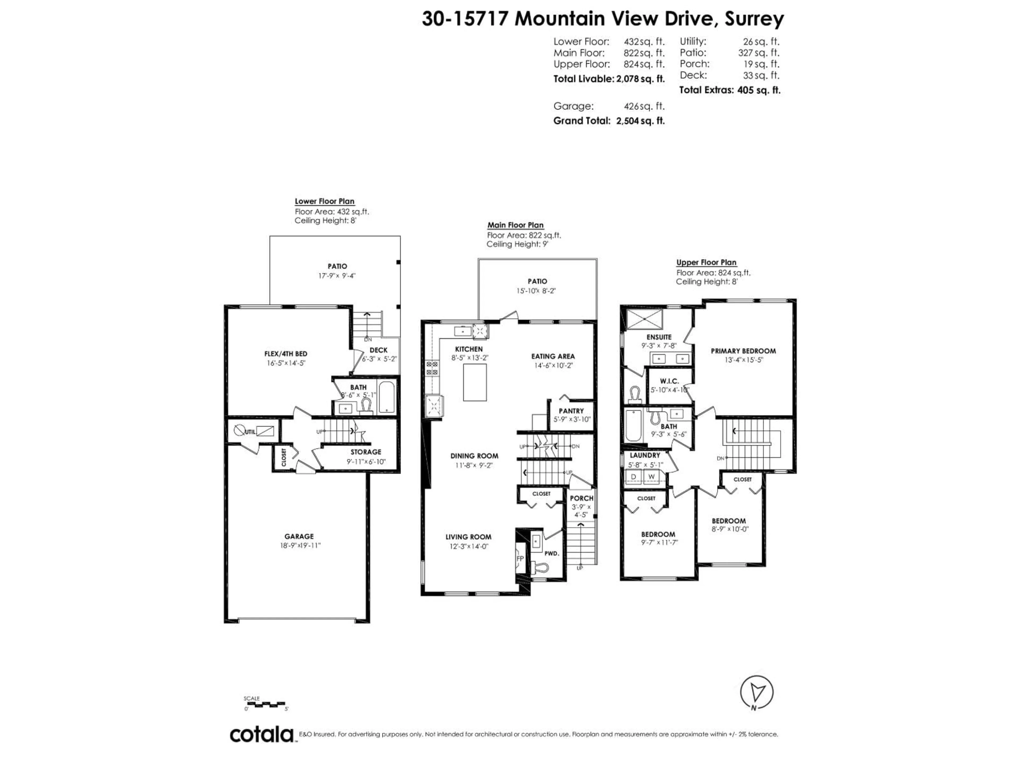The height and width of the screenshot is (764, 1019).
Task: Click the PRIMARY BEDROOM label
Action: (x=743, y=351)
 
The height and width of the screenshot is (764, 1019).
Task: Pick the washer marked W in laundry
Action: (x=651, y=476)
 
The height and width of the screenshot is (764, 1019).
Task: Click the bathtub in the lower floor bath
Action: (x=386, y=397)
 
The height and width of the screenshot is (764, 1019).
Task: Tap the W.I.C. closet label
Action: (x=669, y=381)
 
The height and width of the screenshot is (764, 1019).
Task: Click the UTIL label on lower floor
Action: (x=250, y=432)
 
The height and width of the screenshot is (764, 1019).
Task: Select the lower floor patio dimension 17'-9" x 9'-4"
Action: (x=337, y=276)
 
